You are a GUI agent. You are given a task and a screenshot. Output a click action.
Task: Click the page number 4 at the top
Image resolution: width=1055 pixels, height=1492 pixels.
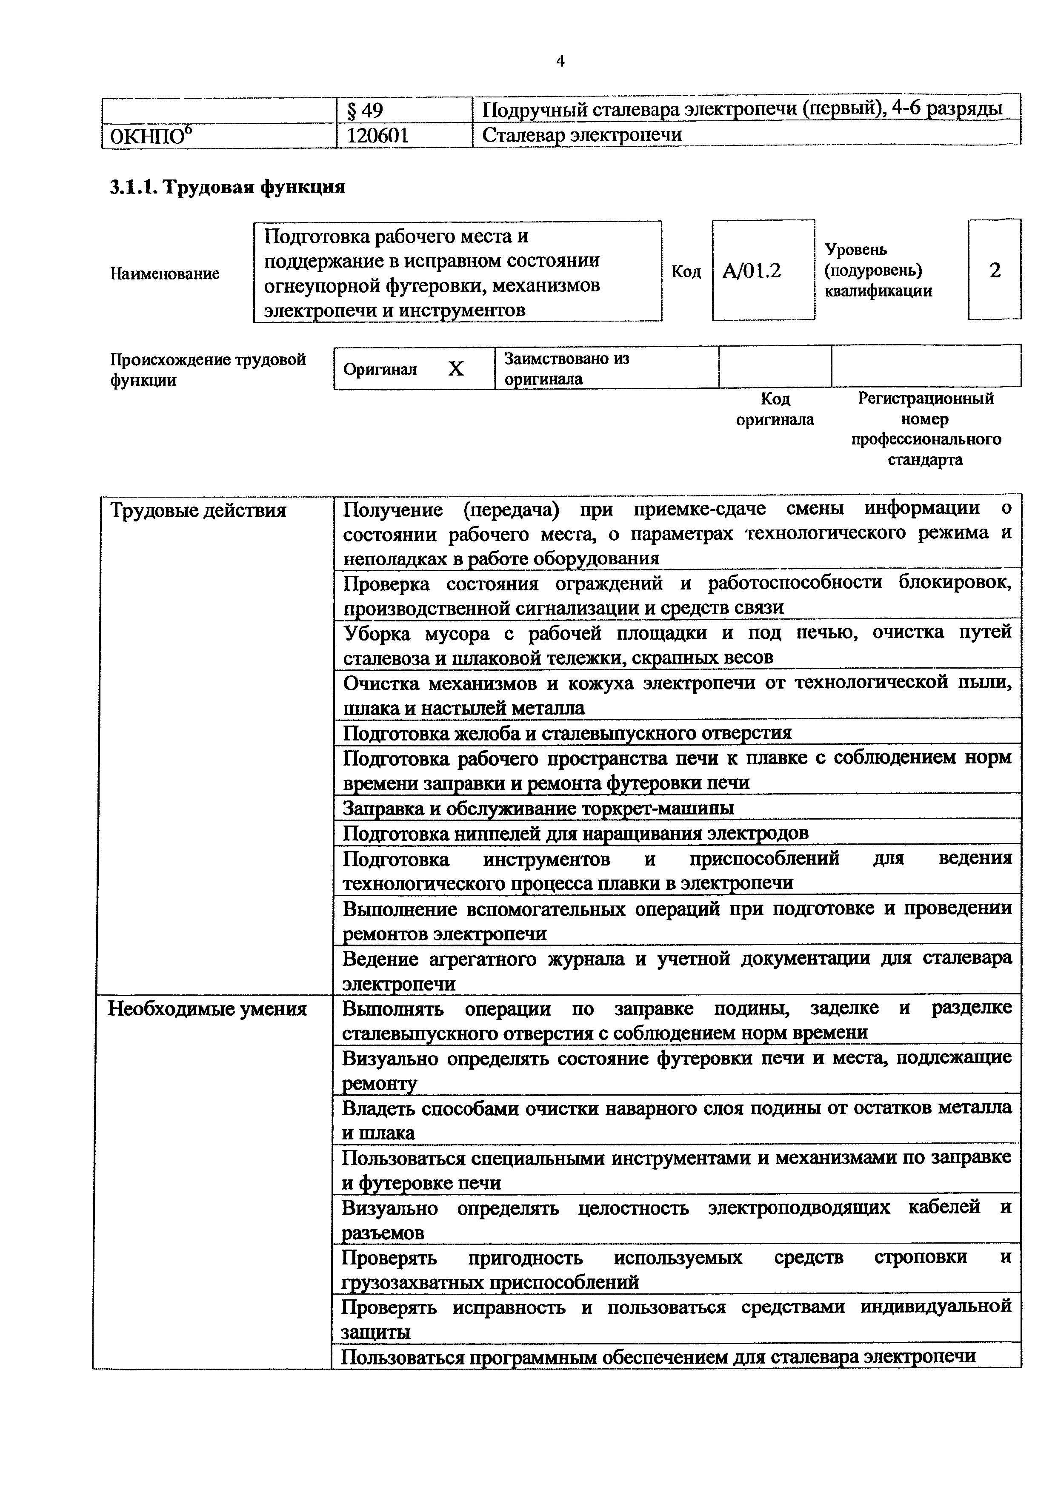560,61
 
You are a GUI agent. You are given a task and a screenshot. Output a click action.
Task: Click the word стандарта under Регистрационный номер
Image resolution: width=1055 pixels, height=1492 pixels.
925,460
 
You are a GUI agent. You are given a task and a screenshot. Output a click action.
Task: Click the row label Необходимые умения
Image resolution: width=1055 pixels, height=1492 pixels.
207,1009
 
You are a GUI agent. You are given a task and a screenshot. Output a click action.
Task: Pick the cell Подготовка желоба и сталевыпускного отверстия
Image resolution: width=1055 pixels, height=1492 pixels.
567,733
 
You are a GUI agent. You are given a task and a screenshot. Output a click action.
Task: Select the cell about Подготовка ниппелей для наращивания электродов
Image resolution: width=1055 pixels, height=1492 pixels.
575,833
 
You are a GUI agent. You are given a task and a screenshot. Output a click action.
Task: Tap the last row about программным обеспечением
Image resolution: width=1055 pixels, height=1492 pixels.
658,1357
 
